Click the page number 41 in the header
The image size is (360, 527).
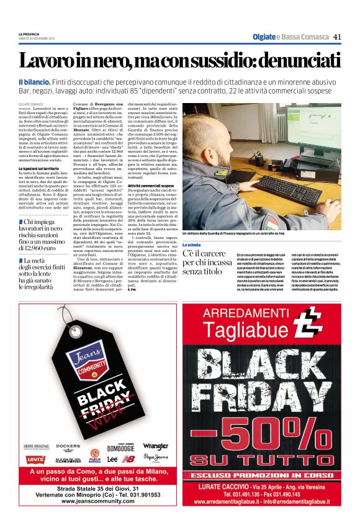[337, 37]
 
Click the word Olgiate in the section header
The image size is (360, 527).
[265, 37]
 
